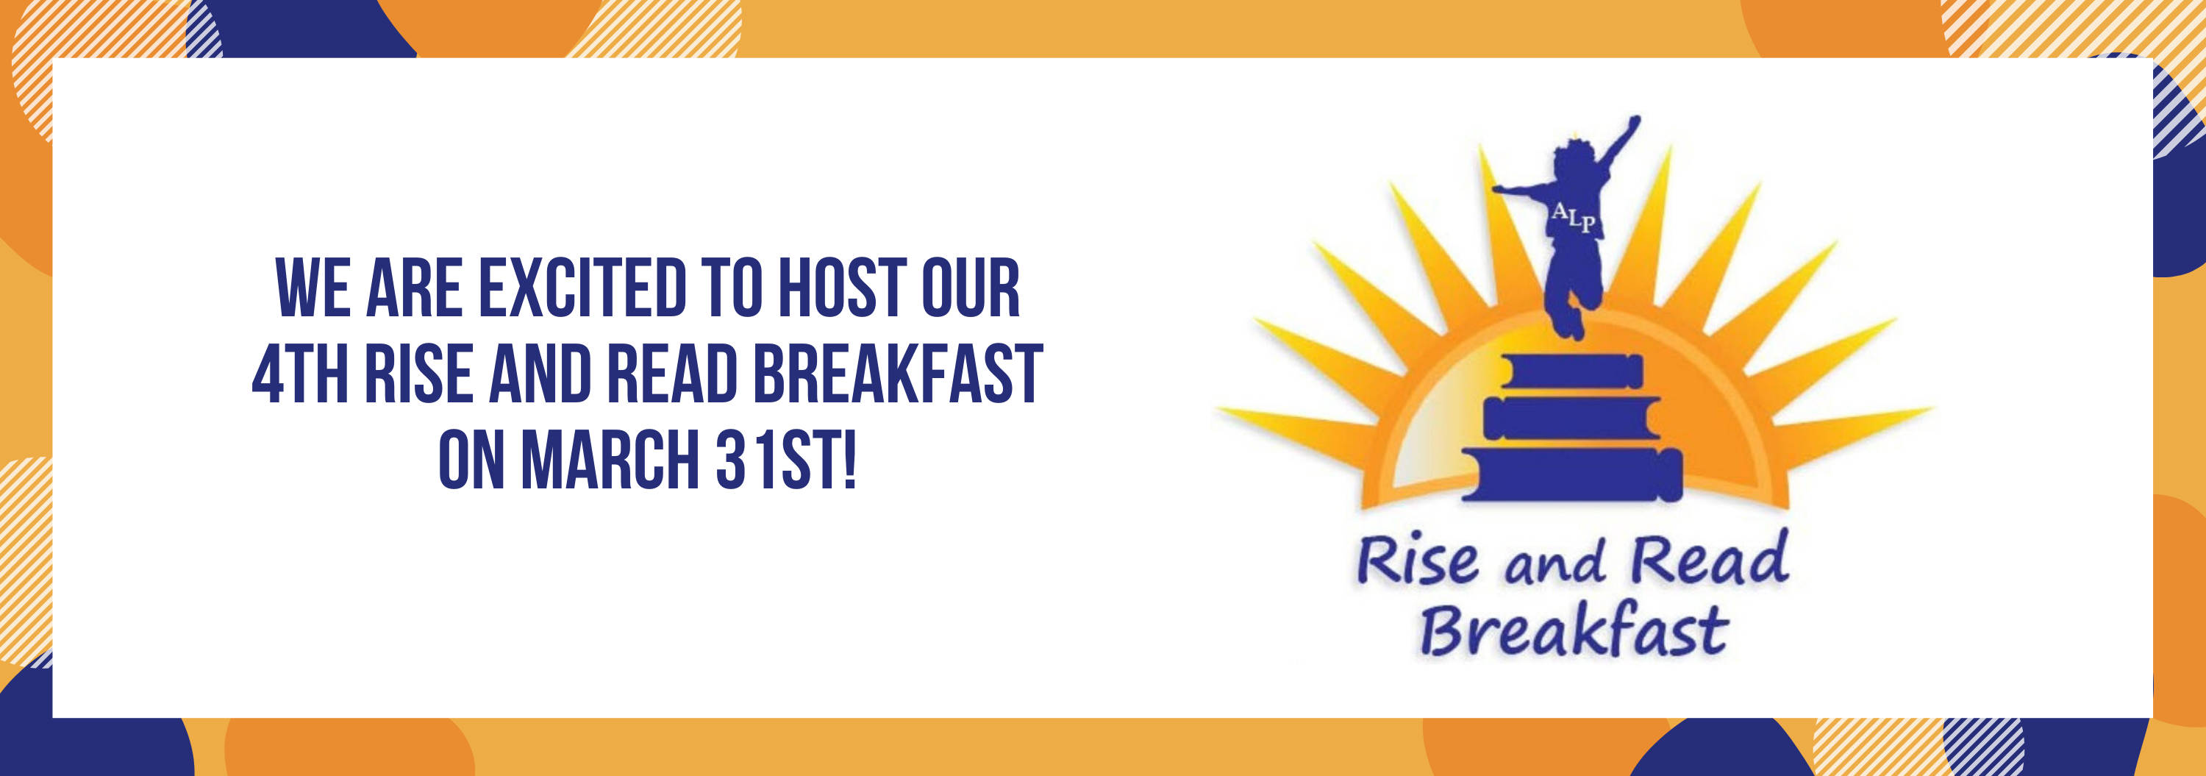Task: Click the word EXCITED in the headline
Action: click(582, 288)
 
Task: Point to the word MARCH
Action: click(612, 460)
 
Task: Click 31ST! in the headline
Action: click(786, 460)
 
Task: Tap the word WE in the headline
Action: click(313, 288)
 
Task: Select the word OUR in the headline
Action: click(970, 288)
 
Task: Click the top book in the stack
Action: click(1571, 371)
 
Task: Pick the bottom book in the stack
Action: click(1572, 474)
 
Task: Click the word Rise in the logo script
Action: click(1417, 560)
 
